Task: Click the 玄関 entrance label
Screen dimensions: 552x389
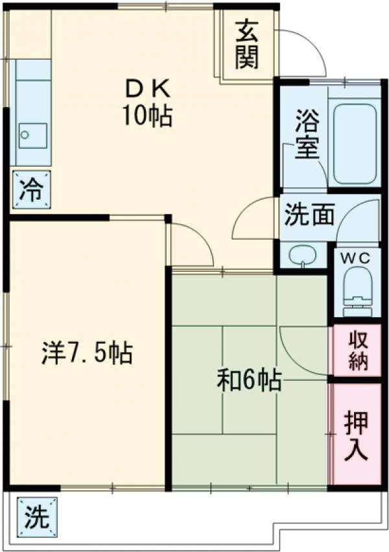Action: click(x=247, y=44)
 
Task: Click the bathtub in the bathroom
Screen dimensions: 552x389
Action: click(x=354, y=142)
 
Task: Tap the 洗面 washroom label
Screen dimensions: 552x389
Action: click(x=309, y=215)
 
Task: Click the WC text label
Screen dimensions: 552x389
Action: click(x=356, y=258)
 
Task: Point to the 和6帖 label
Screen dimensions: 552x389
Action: click(x=248, y=379)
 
